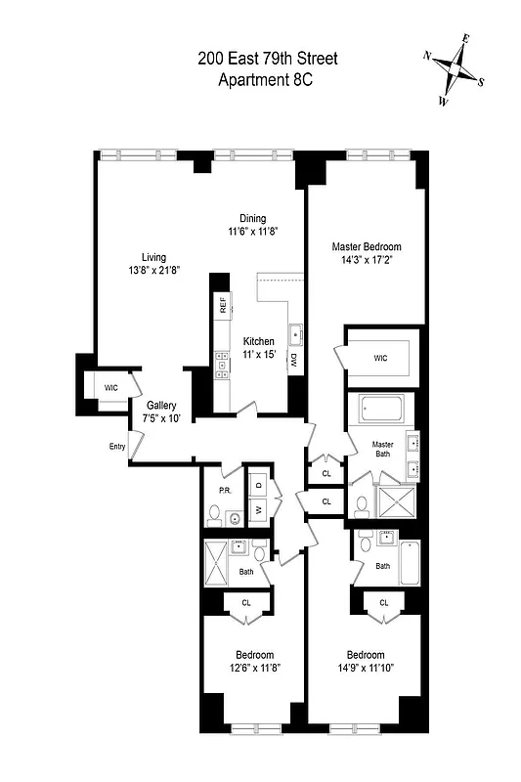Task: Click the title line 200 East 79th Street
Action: click(x=268, y=60)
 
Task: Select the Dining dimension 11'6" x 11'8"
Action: click(x=253, y=232)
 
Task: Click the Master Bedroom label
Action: click(x=367, y=247)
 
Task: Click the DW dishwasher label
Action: click(x=293, y=360)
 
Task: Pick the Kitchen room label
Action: click(x=259, y=341)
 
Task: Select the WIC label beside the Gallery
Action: click(x=111, y=388)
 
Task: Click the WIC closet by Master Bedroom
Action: click(x=380, y=359)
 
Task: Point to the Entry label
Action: click(x=118, y=447)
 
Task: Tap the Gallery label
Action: click(x=161, y=406)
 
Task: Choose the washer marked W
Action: click(x=259, y=509)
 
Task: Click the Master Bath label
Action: click(x=382, y=451)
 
